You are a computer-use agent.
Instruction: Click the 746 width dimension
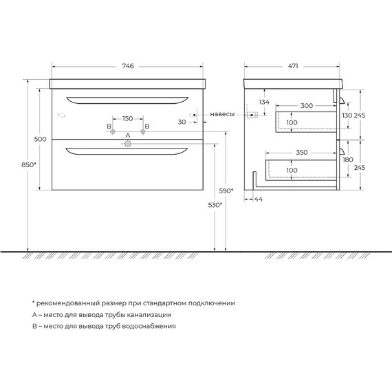pos(128,66)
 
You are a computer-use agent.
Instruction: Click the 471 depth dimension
pos(293,66)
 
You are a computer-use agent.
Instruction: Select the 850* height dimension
pos(29,165)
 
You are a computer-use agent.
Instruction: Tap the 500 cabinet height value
pos(41,139)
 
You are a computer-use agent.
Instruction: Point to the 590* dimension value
pos(226,191)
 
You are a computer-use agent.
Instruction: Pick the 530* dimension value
pos(215,205)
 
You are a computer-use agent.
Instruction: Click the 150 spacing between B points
pos(127,118)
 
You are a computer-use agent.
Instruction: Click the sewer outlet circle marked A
pos(128,144)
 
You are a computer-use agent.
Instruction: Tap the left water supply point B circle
pos(113,131)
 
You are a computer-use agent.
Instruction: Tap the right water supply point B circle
pos(143,131)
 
